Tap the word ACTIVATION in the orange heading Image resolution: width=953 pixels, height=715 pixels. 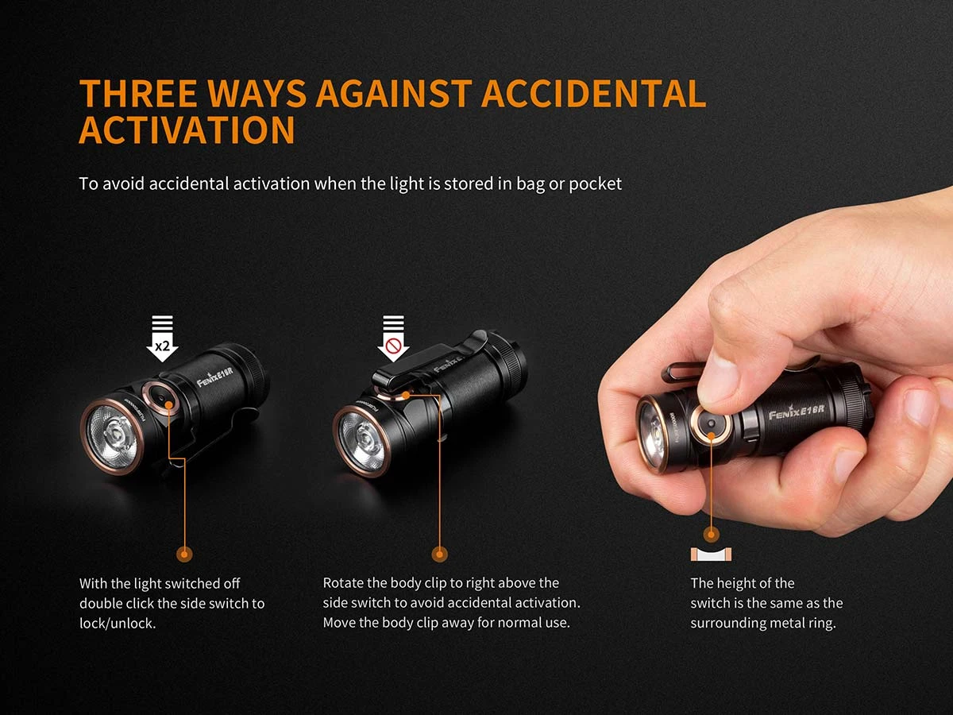[x=187, y=129]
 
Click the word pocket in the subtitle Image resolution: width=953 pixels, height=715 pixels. [x=595, y=184]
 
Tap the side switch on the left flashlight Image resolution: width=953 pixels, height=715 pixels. [x=161, y=396]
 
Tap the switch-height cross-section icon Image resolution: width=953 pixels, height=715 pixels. [x=712, y=554]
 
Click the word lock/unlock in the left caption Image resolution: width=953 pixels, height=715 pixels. [x=118, y=623]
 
